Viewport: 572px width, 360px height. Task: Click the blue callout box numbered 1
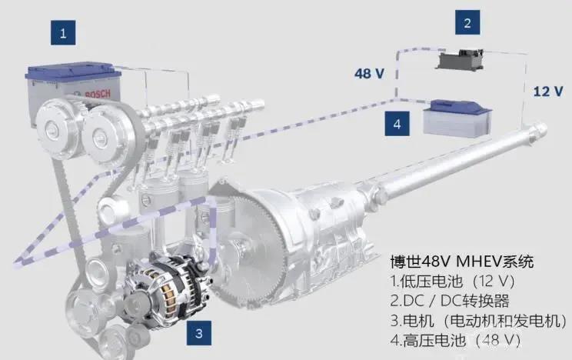click(x=63, y=32)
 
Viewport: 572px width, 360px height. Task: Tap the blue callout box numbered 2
click(x=467, y=22)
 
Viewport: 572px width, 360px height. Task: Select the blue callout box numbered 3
click(x=199, y=332)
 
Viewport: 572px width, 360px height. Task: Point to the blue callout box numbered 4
click(x=397, y=124)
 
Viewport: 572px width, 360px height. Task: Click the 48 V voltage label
click(x=369, y=73)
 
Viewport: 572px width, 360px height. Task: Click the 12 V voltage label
click(x=548, y=91)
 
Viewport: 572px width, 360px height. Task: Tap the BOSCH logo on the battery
click(x=97, y=94)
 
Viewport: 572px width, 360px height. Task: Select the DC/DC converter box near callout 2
click(x=461, y=60)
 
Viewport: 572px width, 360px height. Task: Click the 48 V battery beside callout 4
click(x=457, y=118)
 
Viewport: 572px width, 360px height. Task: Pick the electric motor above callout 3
click(x=166, y=288)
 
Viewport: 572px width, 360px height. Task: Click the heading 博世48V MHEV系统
click(x=462, y=262)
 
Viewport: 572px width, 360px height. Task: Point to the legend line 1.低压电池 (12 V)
click(x=452, y=281)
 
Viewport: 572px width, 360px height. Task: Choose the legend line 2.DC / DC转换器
click(x=450, y=301)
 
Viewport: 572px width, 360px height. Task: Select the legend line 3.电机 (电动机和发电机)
click(x=478, y=321)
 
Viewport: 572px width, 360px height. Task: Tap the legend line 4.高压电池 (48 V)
click(x=455, y=340)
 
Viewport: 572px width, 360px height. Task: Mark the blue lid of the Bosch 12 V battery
click(x=73, y=71)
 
